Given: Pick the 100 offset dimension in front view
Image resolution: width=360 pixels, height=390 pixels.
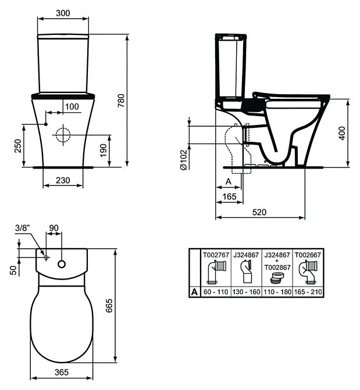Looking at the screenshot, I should click(x=72, y=106).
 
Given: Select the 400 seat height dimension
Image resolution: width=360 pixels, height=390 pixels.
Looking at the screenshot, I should click(x=341, y=133).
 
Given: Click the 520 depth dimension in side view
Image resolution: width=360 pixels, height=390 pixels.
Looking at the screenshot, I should click(x=259, y=212).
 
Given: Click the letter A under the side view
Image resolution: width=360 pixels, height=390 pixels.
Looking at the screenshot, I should click(x=229, y=182).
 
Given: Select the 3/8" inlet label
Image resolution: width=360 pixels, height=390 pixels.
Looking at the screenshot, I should click(x=22, y=227).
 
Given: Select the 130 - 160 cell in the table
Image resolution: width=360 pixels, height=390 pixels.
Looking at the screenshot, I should click(x=247, y=292).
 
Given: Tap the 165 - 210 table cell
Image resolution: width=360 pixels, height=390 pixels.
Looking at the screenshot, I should click(x=308, y=292).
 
